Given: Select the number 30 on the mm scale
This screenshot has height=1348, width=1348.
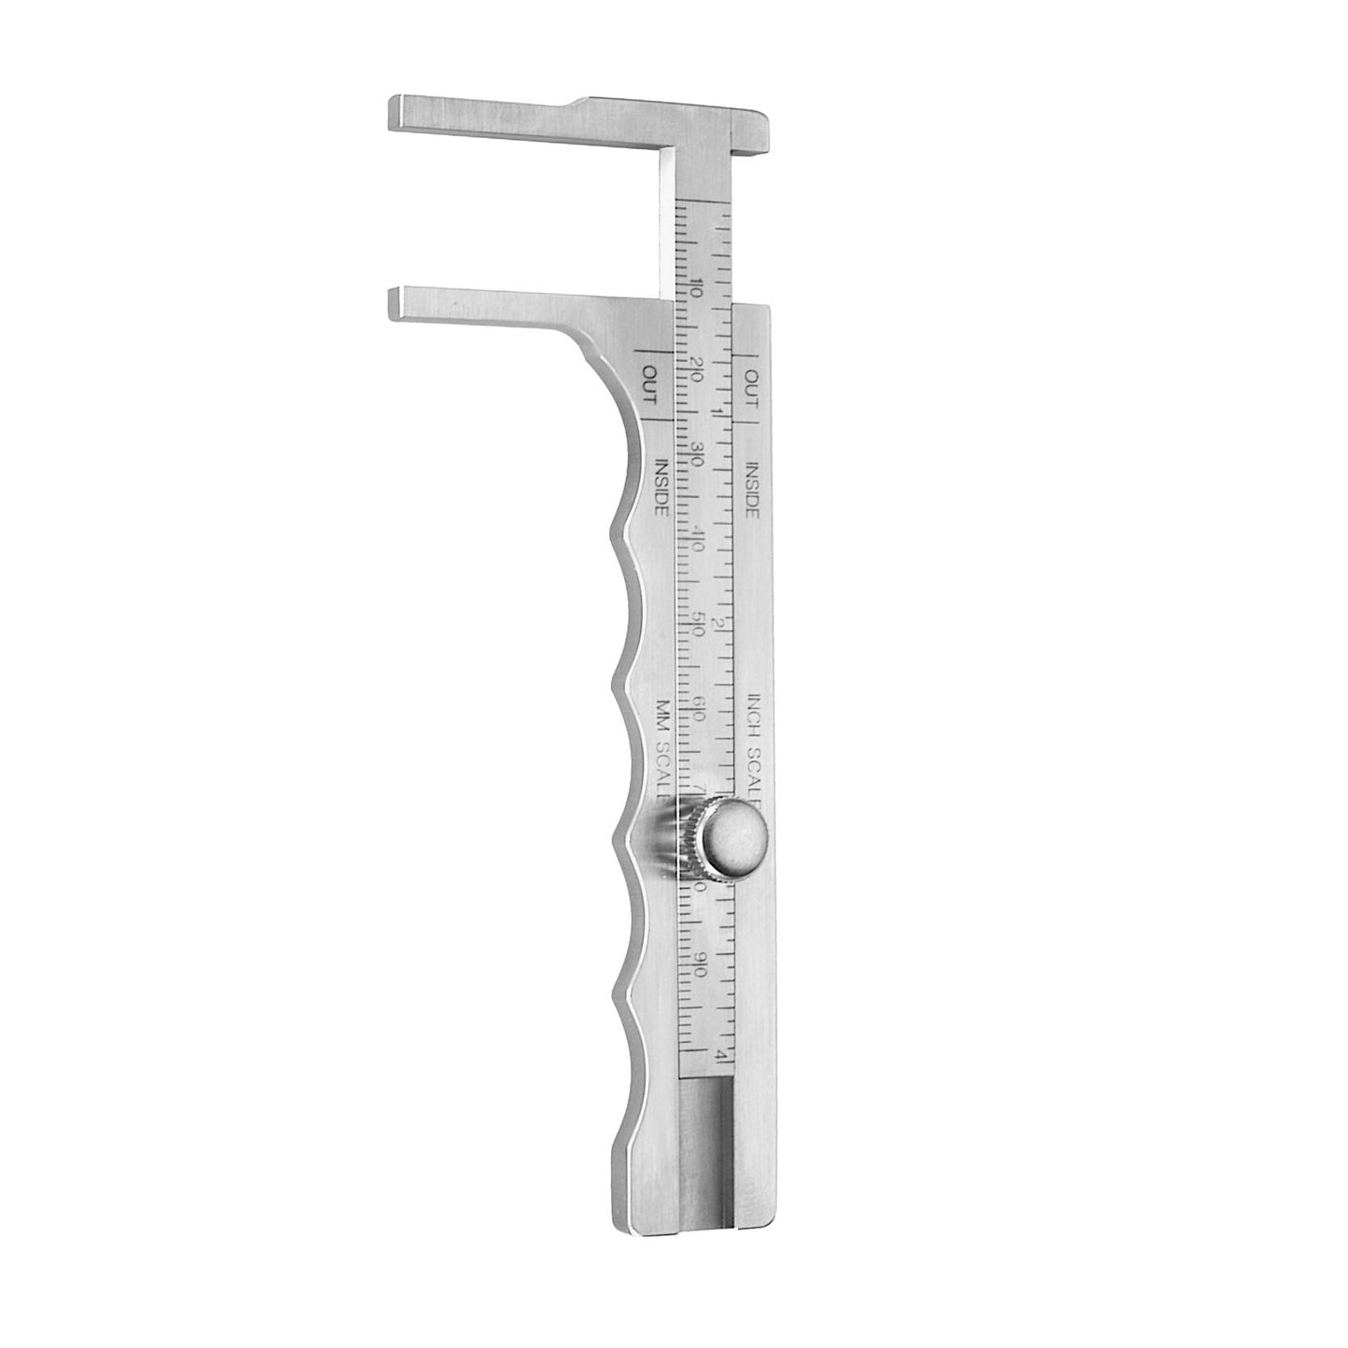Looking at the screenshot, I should click(698, 458).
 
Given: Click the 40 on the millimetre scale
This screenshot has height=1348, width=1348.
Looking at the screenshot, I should click(699, 539).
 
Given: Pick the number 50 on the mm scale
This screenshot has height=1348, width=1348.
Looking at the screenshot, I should click(700, 622).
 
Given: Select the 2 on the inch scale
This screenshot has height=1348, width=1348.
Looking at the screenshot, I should click(718, 622).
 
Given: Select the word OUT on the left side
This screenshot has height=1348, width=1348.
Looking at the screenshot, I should click(649, 383).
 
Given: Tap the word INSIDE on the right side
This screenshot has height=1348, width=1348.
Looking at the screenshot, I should click(752, 488).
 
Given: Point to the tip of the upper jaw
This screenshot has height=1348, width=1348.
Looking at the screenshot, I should click(396, 113).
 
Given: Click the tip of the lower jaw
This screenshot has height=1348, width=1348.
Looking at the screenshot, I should click(396, 301).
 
